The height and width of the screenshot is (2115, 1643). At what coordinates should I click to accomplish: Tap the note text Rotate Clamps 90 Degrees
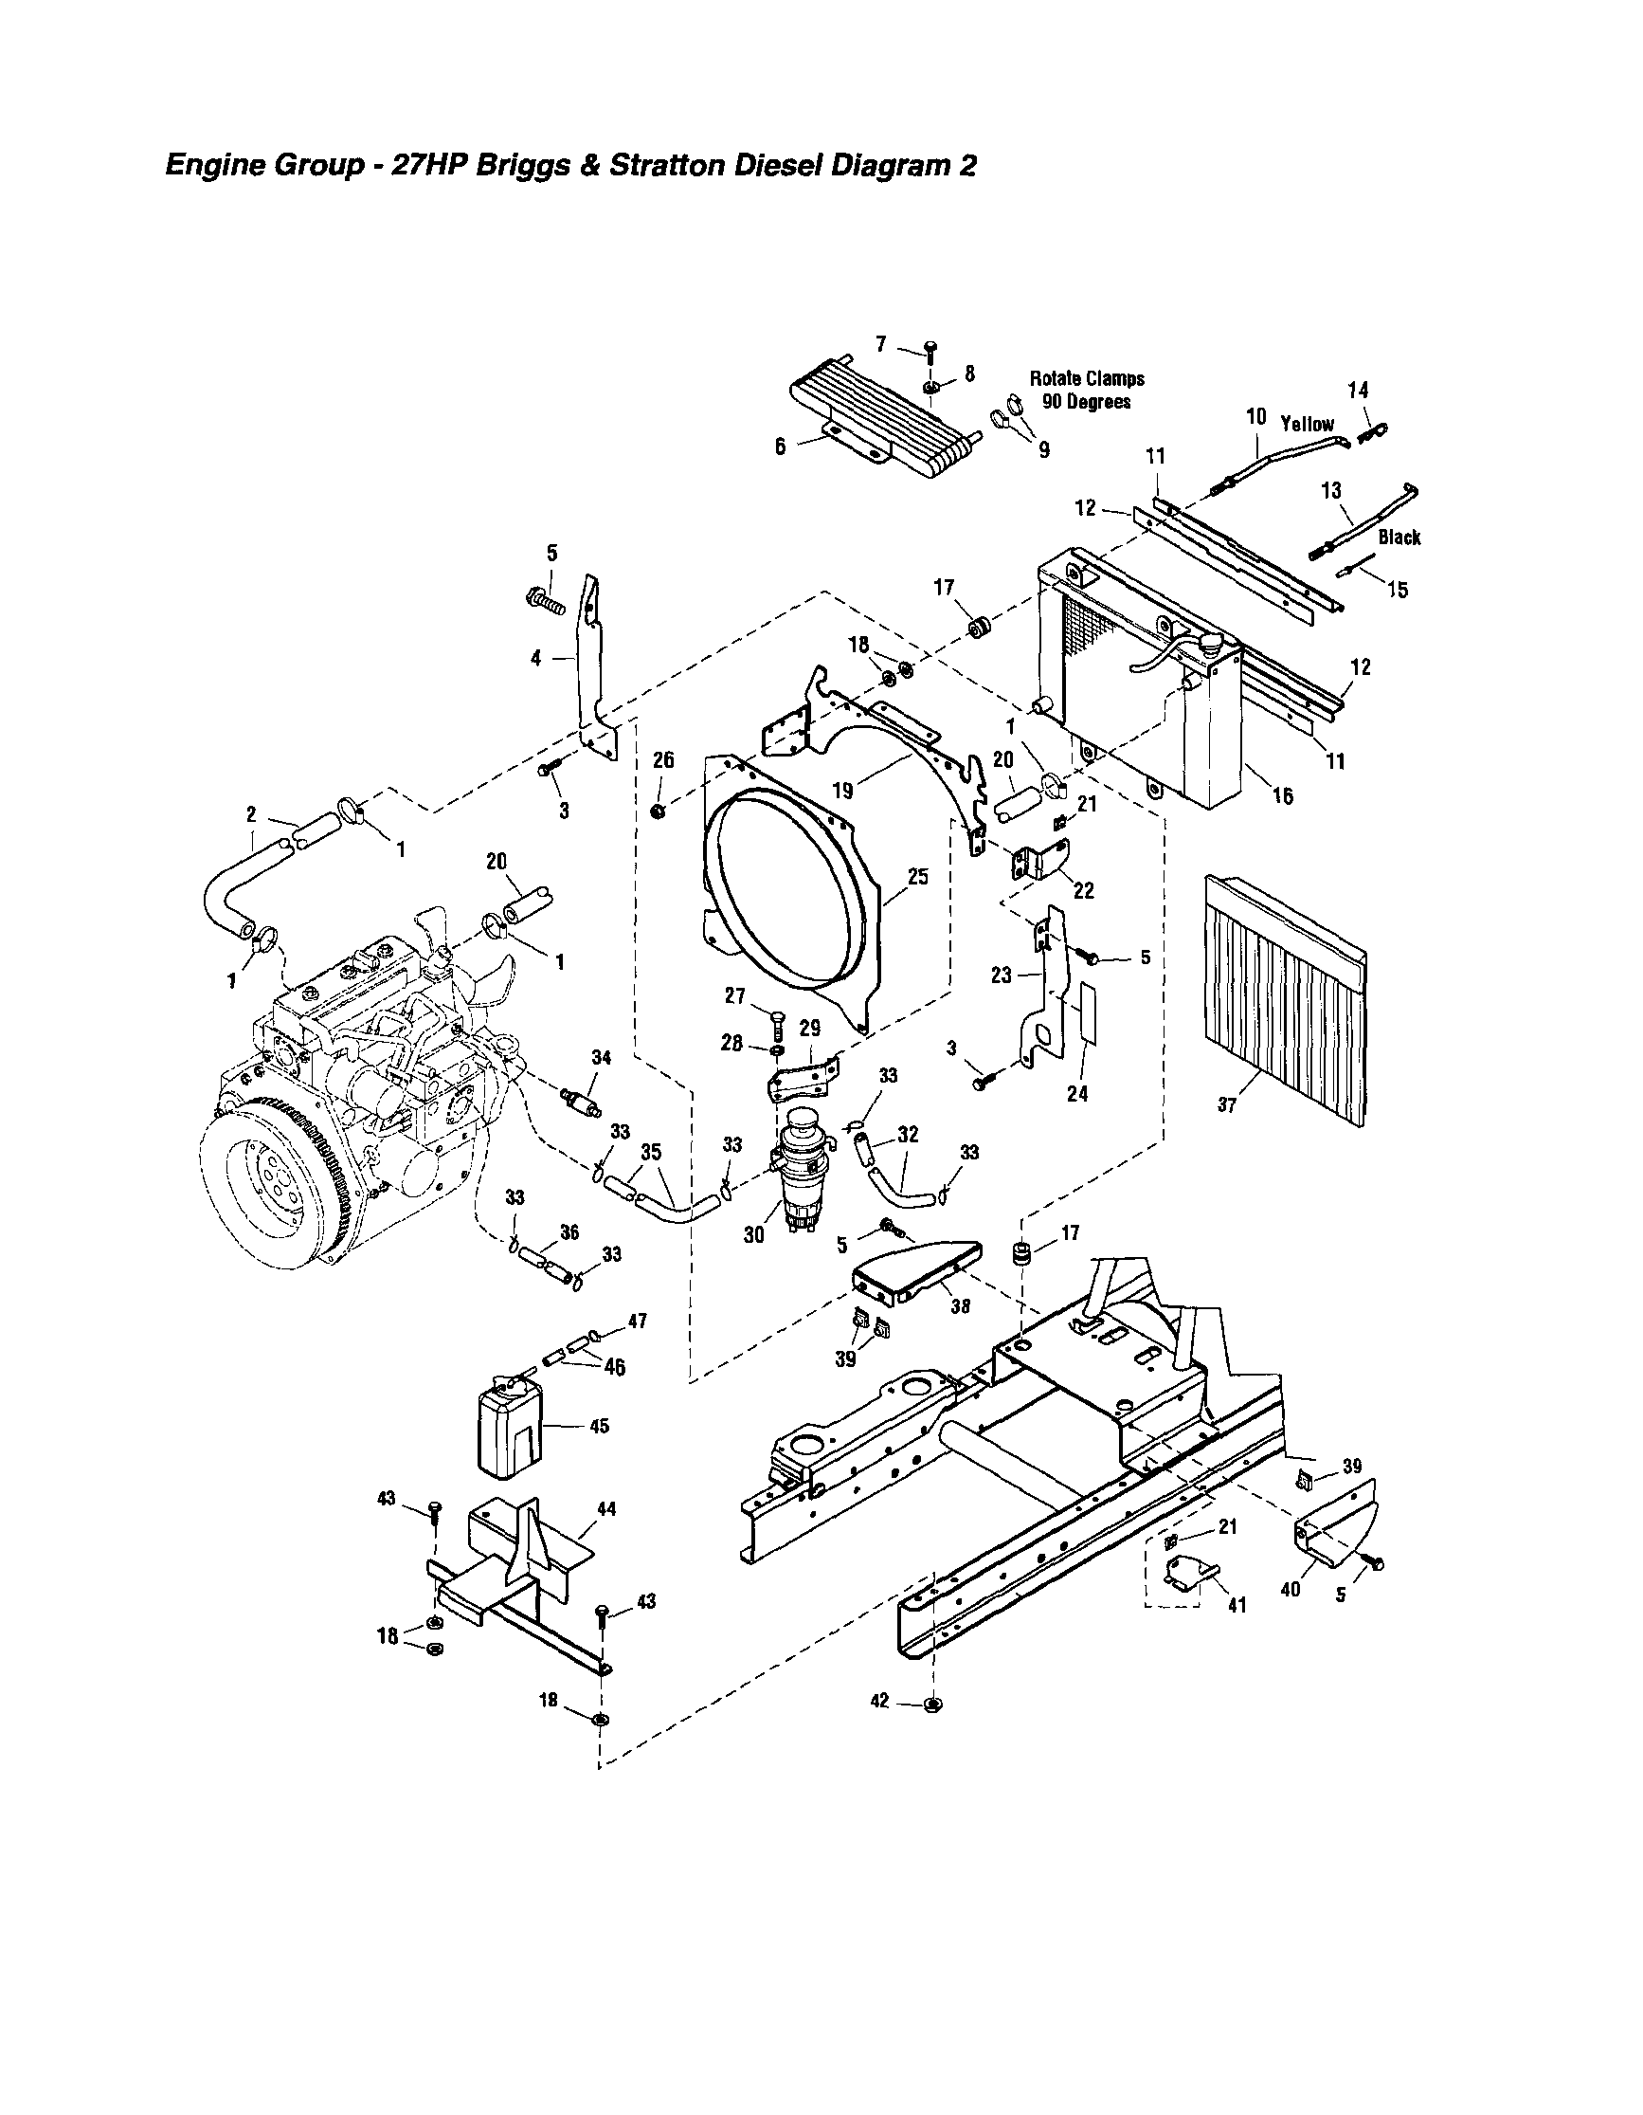(x=1086, y=391)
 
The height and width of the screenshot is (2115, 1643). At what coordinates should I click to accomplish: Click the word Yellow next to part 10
(x=1307, y=424)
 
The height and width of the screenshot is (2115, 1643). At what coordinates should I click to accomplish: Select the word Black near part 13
(x=1399, y=538)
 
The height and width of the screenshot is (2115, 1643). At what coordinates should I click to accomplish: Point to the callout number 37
(x=1227, y=1105)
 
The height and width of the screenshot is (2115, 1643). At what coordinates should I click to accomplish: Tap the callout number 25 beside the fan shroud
(x=917, y=876)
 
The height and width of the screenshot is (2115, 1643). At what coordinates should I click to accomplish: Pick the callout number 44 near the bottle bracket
(x=606, y=1510)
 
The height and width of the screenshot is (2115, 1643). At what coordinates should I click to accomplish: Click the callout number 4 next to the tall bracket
(x=536, y=658)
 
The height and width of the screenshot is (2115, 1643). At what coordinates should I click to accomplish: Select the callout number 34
(x=602, y=1059)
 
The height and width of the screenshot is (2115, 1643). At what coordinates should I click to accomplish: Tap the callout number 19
(x=844, y=791)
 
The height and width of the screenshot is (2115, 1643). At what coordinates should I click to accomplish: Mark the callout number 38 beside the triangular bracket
(x=960, y=1306)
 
